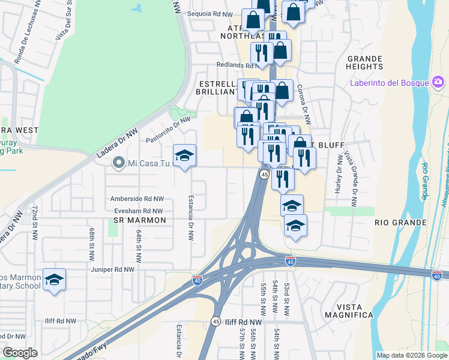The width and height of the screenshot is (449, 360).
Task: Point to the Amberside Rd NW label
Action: (x=137, y=199)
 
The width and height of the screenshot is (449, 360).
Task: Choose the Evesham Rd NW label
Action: (x=139, y=211)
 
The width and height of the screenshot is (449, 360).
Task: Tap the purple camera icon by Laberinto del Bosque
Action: (x=438, y=82)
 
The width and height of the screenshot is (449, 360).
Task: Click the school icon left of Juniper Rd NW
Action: (x=54, y=279)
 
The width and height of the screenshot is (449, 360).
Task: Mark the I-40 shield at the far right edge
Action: (x=438, y=275)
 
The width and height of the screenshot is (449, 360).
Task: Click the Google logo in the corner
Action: (x=20, y=353)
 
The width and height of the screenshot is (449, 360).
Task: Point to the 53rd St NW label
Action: (x=288, y=298)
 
